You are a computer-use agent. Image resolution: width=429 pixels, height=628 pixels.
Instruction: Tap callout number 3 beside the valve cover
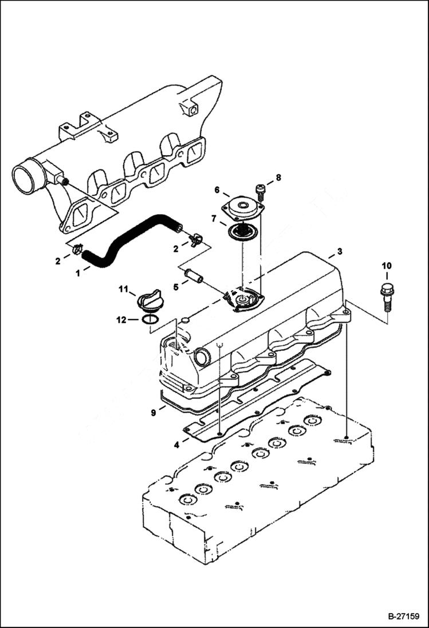(340, 251)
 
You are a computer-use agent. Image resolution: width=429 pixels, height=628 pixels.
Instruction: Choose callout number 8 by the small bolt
(278, 178)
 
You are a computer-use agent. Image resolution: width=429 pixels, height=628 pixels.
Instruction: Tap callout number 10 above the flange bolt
(387, 266)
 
